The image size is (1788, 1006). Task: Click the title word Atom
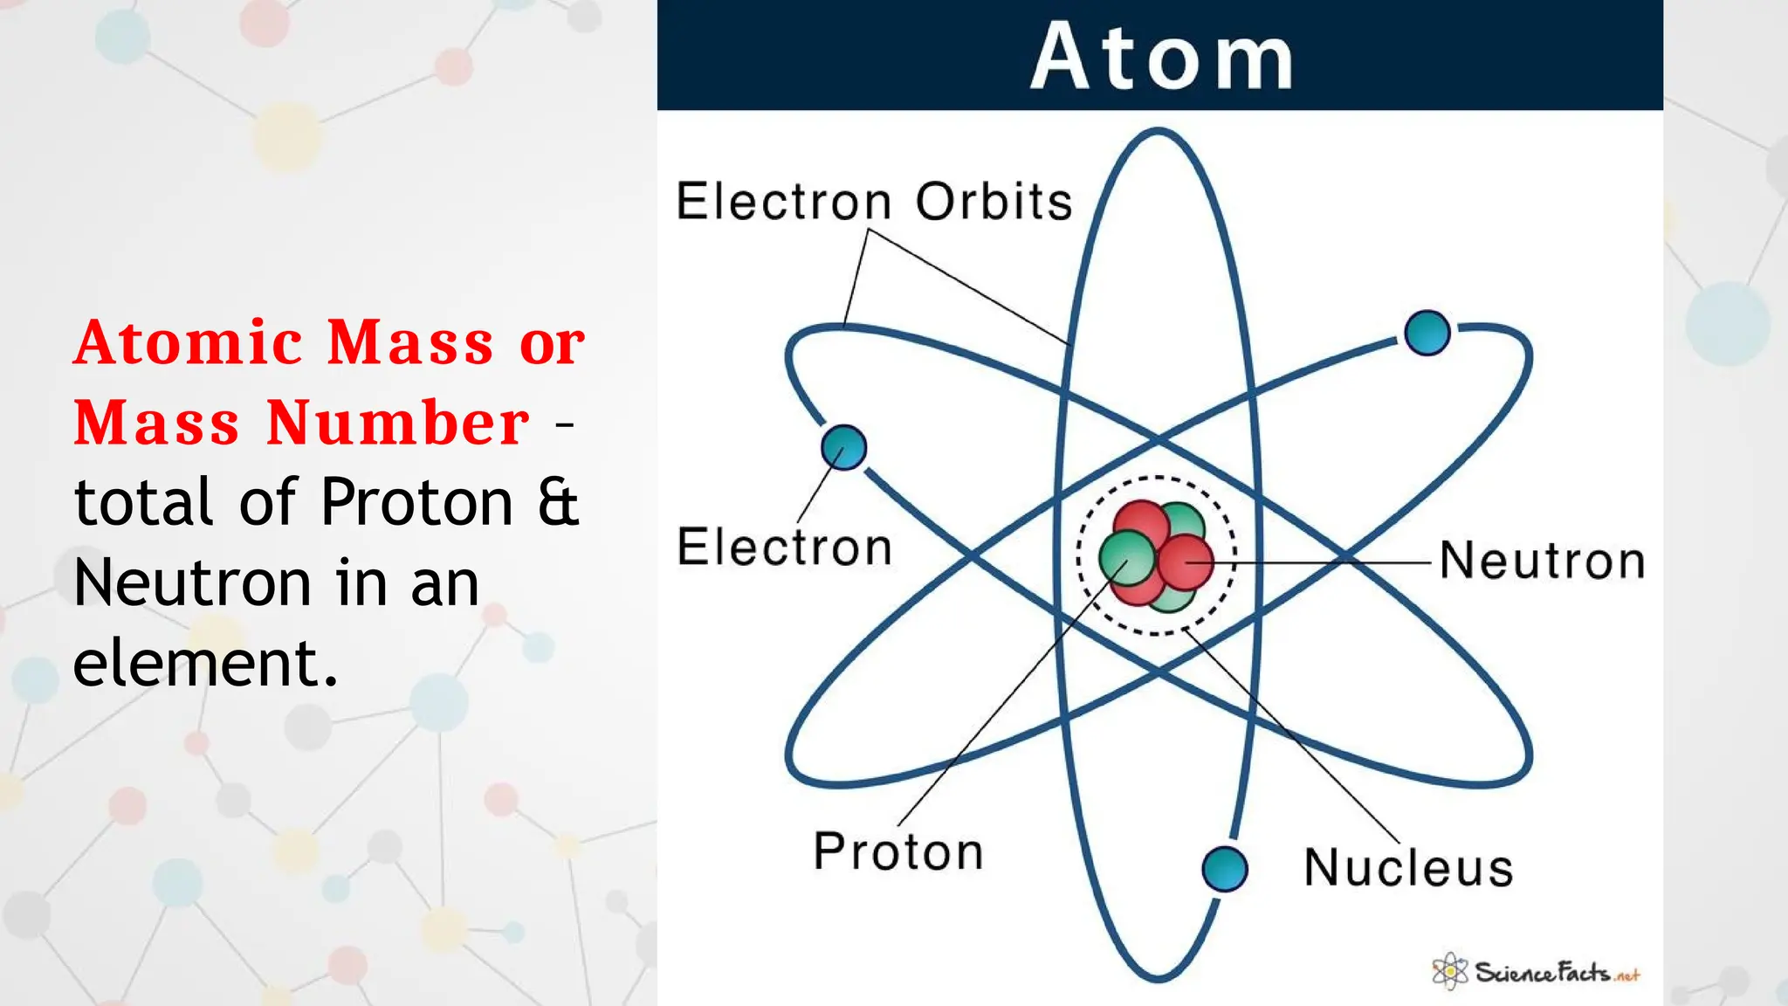(1161, 57)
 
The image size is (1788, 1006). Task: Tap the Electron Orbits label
(874, 202)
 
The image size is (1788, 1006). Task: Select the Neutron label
(1542, 560)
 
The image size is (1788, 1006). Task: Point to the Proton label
(898, 851)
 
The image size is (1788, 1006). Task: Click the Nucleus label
(1408, 868)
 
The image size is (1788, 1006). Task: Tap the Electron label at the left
(784, 548)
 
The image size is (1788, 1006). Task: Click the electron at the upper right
(1427, 333)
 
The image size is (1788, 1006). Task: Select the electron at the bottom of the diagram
(1224, 869)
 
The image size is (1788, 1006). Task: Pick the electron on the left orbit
(843, 447)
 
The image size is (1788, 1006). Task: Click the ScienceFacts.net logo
(1537, 972)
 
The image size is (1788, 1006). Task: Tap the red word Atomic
(189, 342)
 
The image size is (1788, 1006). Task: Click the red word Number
(397, 424)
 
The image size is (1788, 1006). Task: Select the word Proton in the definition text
(416, 504)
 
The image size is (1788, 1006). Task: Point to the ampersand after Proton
(558, 504)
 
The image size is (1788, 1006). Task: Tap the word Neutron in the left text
(192, 583)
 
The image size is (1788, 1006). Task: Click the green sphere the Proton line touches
(1125, 559)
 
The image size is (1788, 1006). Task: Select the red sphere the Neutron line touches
(1186, 562)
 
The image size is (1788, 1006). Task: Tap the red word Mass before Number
(156, 424)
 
